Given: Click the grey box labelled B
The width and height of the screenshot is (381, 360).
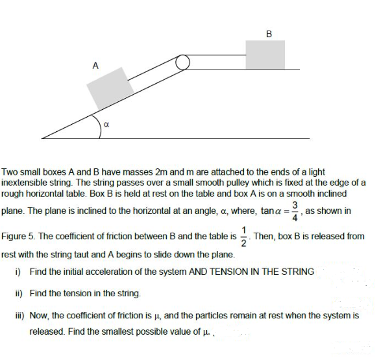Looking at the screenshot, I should point(265,54).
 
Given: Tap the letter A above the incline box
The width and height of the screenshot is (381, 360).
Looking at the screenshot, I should point(95,65).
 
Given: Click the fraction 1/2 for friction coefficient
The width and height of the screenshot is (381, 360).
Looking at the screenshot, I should point(243,236).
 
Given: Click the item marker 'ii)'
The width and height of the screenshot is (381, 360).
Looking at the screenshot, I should point(18,294).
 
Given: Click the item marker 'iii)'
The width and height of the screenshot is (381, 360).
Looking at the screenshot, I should point(19,316).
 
